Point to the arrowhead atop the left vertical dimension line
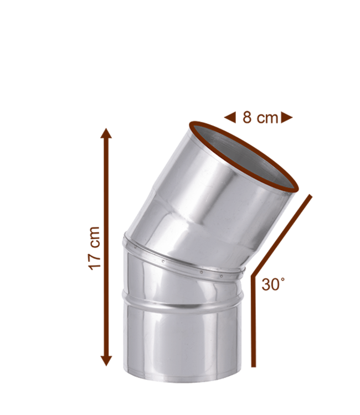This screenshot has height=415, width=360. click(x=106, y=131)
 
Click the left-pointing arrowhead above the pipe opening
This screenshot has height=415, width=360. click(x=228, y=117)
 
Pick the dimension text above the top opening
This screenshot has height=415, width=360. click(x=260, y=117)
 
